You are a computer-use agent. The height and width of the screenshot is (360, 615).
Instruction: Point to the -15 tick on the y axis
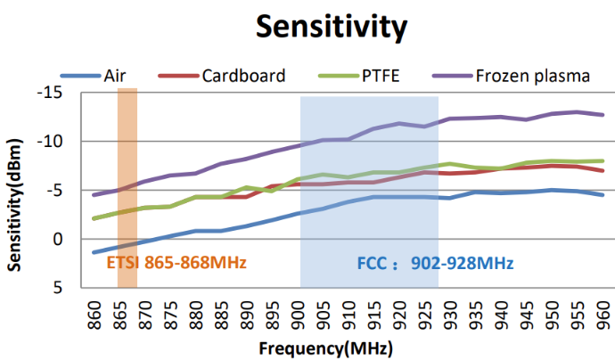(x=56, y=93)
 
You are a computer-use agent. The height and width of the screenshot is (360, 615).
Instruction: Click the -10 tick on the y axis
(x=56, y=142)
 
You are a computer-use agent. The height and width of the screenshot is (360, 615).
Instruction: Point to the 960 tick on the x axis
(x=604, y=311)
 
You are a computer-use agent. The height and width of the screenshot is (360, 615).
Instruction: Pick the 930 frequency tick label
(x=452, y=311)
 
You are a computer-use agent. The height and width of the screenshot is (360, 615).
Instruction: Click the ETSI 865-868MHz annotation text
(x=176, y=264)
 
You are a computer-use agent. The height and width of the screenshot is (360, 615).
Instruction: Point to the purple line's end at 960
(x=603, y=115)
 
